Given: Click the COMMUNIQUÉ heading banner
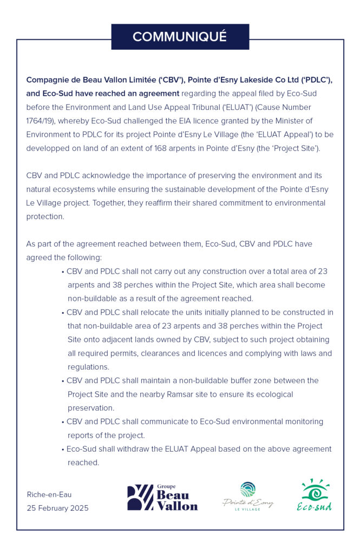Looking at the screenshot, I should (180, 37).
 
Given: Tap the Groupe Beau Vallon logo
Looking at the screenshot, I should (162, 497).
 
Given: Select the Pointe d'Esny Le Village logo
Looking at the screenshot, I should (248, 497).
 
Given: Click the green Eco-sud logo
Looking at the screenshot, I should (315, 495).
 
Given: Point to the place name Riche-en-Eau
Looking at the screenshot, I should (49, 494).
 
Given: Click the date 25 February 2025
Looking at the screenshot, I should (57, 508).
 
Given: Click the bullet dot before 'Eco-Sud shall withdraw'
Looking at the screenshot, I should (63, 449).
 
